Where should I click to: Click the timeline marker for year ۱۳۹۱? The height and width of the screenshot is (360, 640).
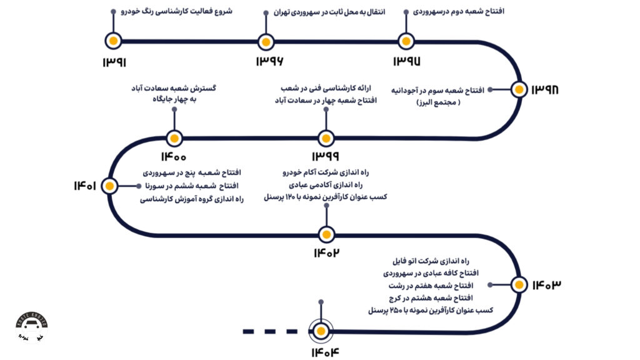pos(112,41)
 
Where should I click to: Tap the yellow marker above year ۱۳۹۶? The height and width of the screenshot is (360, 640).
pos(266,42)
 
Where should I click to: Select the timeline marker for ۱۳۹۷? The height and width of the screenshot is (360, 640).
pos(406,42)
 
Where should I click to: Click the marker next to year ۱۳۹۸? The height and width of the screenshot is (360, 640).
pos(518,89)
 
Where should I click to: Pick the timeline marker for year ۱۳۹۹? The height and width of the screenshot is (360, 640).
pos(325,139)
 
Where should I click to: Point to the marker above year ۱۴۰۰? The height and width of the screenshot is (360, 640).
pos(174,139)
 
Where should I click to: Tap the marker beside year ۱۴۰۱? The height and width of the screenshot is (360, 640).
pos(110,186)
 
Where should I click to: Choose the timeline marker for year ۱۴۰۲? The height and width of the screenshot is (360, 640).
pos(326,235)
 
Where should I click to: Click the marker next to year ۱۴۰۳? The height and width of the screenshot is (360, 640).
pos(518,284)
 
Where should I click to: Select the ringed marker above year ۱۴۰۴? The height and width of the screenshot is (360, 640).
pos(321,331)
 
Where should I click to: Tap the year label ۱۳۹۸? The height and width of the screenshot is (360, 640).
pos(544,90)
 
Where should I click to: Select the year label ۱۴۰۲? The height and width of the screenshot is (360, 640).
pos(327,253)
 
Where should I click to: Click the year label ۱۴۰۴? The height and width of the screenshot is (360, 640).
pos(324,352)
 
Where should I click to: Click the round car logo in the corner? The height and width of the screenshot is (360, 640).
pos(31,328)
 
